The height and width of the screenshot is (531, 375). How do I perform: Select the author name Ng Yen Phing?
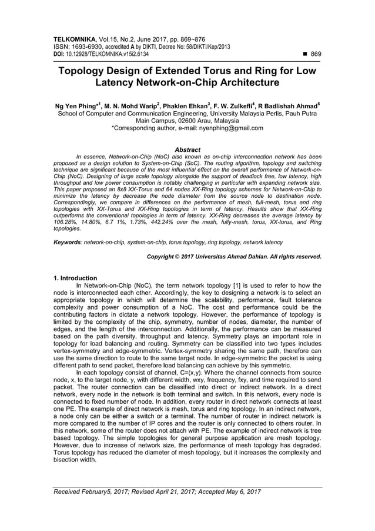(x=69, y=107)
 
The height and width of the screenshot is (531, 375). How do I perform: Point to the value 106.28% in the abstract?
(x=66, y=223)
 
